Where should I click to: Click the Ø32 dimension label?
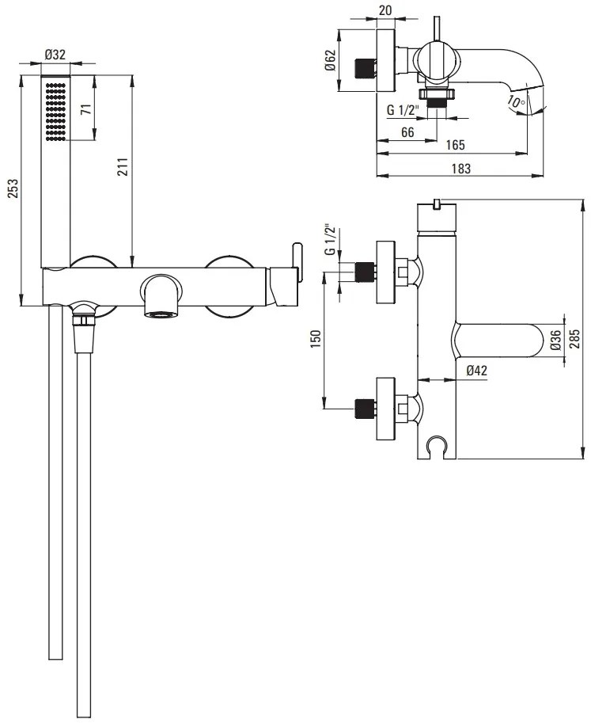tap(55, 55)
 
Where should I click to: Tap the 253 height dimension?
tap(13, 191)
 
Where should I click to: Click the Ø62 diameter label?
tap(332, 61)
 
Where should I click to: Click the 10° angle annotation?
tap(516, 101)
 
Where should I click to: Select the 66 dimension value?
tap(407, 131)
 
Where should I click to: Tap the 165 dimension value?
tap(454, 146)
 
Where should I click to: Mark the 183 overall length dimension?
tap(461, 168)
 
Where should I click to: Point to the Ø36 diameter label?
tap(555, 341)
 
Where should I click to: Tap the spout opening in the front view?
tap(162, 314)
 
